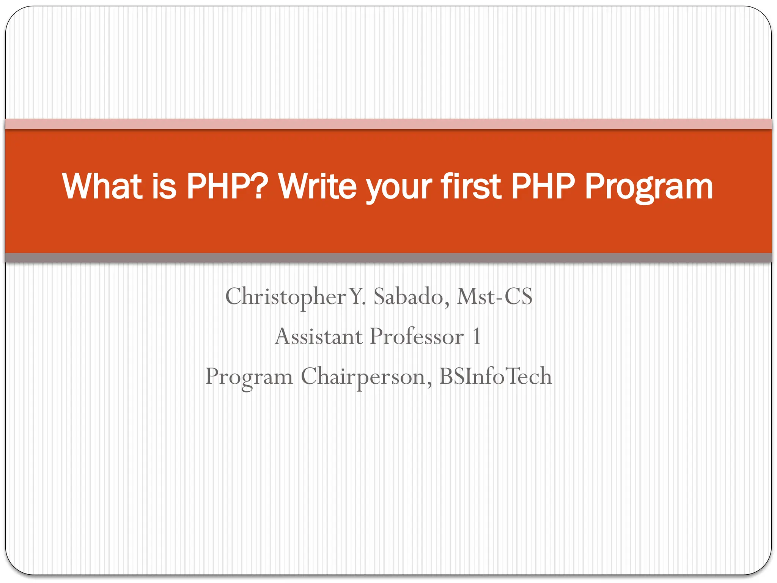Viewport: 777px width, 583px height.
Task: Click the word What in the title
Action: tap(102, 186)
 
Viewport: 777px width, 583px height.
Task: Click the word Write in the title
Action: tap(318, 186)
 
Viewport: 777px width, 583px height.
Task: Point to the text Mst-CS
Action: tap(494, 297)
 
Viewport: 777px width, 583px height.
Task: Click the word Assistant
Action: tap(319, 337)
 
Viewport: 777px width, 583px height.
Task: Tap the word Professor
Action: tap(417, 337)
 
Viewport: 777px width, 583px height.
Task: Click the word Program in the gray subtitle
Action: tap(249, 377)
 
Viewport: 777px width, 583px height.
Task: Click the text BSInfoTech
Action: tap(495, 376)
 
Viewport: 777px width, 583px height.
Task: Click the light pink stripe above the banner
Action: tap(388, 124)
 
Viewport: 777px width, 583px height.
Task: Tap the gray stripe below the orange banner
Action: tap(388, 258)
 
